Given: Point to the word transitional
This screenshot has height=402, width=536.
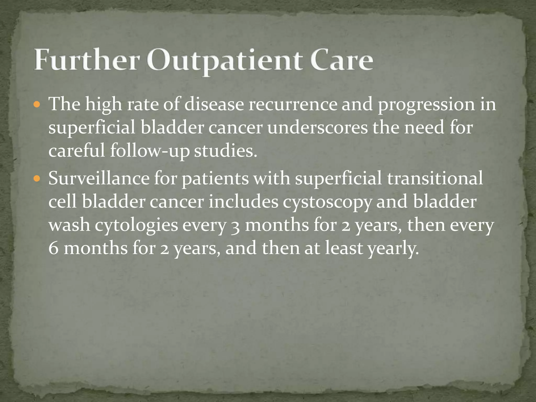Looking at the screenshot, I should (x=435, y=178).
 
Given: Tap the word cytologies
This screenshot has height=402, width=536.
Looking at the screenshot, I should (x=136, y=226).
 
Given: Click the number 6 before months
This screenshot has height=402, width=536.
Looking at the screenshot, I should (x=53, y=249).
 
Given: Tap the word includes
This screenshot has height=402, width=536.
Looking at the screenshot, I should (x=243, y=202).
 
